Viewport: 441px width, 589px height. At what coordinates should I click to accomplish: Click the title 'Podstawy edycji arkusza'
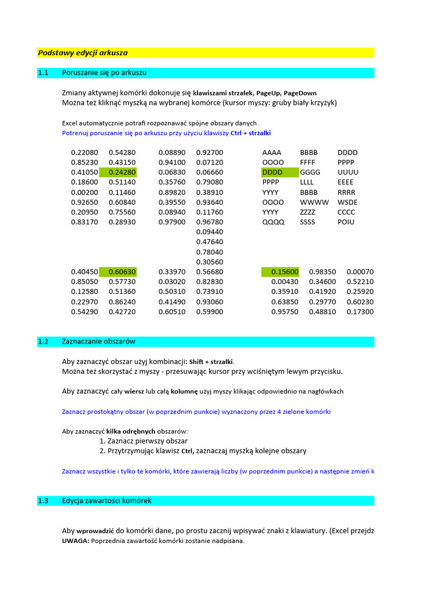(x=83, y=53)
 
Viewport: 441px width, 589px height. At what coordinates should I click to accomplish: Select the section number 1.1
(x=44, y=73)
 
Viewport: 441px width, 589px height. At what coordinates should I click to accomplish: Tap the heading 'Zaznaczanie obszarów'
(x=99, y=342)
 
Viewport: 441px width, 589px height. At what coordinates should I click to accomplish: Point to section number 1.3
(x=44, y=501)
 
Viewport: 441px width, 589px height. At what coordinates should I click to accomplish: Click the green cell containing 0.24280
(x=118, y=172)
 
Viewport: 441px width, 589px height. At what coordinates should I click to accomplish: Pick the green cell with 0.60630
(x=118, y=272)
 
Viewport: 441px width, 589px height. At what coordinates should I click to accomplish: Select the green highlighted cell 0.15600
(x=281, y=272)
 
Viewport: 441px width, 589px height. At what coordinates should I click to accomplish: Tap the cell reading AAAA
(x=272, y=152)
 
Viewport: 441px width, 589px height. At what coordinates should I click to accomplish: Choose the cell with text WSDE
(x=347, y=202)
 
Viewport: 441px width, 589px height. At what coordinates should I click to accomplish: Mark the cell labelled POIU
(x=346, y=222)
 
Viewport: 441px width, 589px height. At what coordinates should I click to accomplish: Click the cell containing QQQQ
(x=273, y=222)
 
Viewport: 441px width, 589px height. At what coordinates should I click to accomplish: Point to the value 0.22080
(x=84, y=152)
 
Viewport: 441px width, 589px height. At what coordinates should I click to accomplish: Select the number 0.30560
(x=210, y=262)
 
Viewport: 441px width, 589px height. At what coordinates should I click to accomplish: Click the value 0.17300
(x=360, y=312)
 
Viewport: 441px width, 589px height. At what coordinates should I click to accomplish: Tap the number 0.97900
(x=172, y=222)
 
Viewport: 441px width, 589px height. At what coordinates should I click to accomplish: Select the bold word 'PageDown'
(x=300, y=93)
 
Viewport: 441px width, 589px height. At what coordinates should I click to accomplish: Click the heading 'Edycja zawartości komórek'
(x=107, y=501)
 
